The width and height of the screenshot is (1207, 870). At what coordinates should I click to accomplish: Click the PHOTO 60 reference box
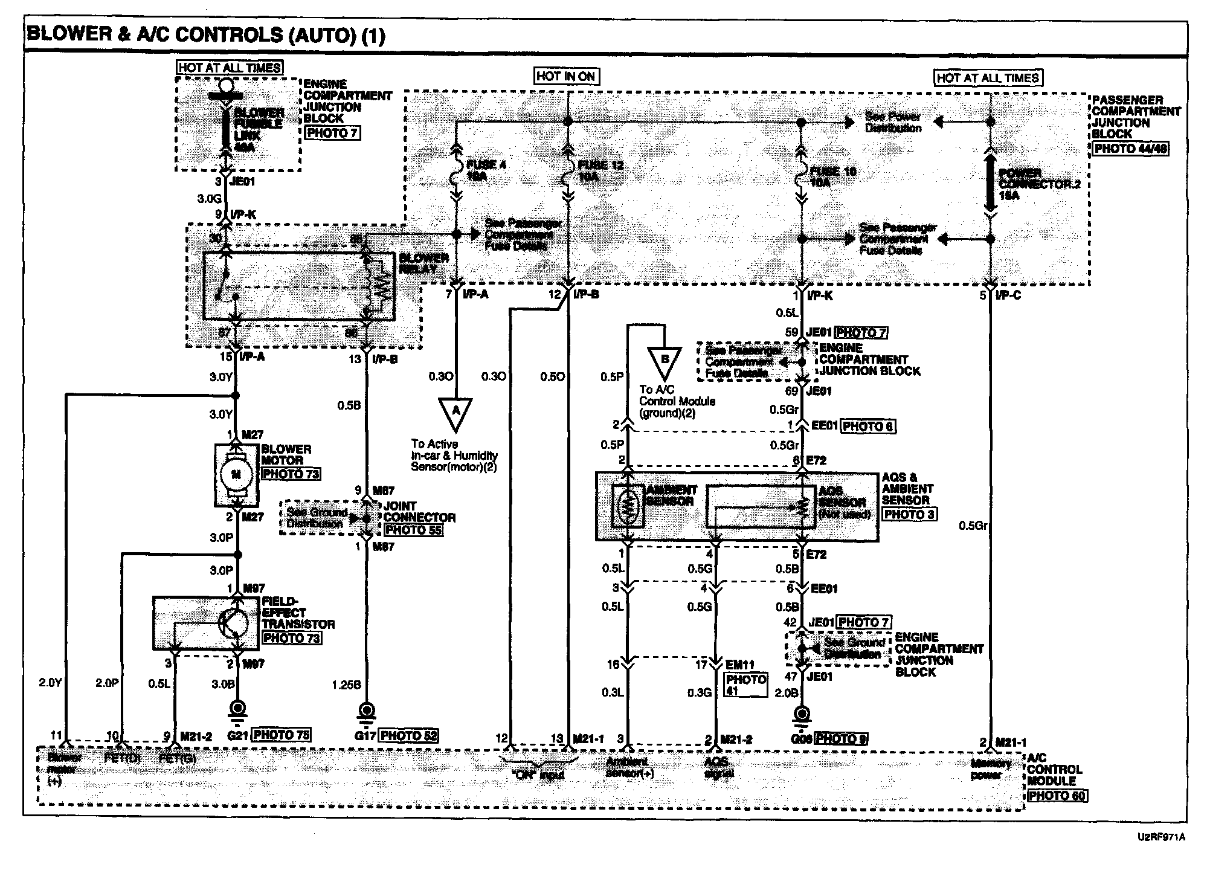point(1057,795)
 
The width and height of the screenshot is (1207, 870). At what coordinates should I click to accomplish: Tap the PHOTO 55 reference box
point(413,530)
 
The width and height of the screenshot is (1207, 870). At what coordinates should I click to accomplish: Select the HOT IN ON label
point(565,76)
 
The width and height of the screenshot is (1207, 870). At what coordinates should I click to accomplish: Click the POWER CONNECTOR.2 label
point(1038,184)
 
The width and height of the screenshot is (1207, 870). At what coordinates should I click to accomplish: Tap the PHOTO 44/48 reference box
point(1130,147)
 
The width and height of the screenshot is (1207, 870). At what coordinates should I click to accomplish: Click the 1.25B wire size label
point(346,685)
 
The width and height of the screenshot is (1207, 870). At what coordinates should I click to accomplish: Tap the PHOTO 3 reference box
point(909,514)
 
